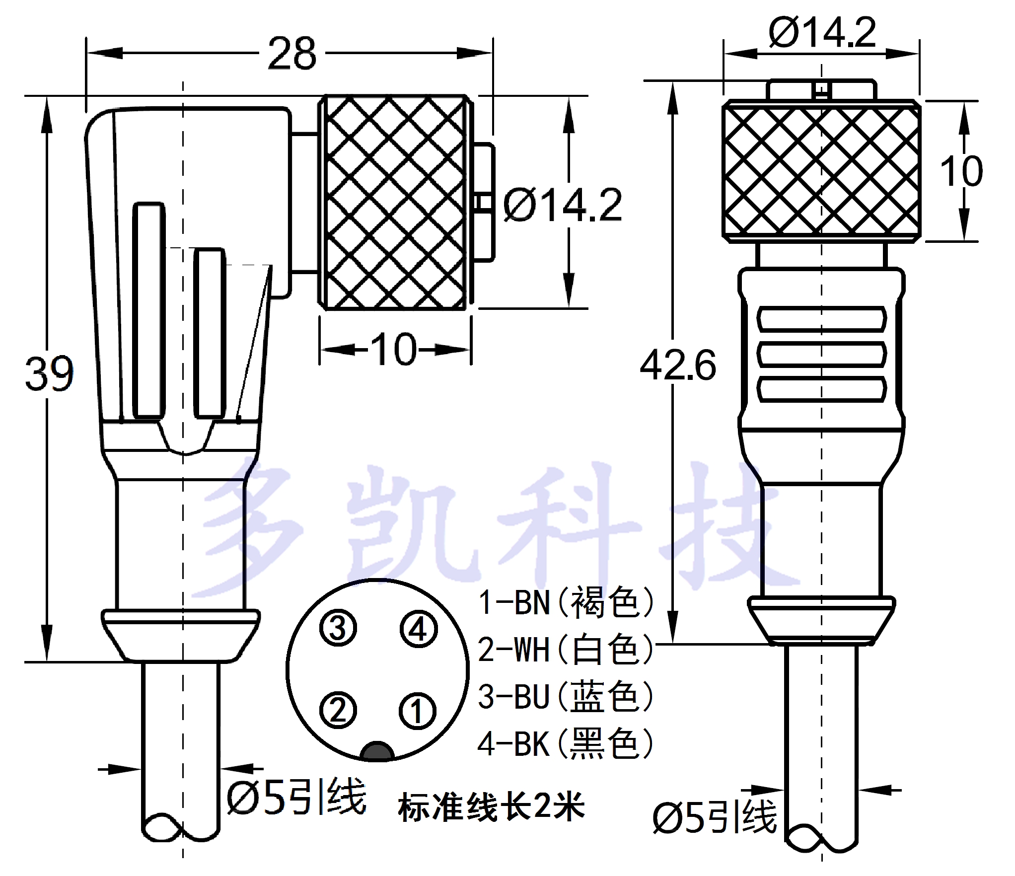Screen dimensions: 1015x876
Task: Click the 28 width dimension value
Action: tap(292, 53)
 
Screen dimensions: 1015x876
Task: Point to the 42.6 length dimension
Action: tap(678, 365)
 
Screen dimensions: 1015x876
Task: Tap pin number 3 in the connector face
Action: tap(338, 628)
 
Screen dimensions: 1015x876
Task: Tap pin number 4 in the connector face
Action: tap(418, 629)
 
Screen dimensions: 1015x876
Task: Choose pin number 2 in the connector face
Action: tap(338, 710)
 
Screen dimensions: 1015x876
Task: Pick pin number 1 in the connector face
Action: tap(418, 711)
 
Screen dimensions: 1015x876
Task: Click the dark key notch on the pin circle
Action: tap(378, 751)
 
